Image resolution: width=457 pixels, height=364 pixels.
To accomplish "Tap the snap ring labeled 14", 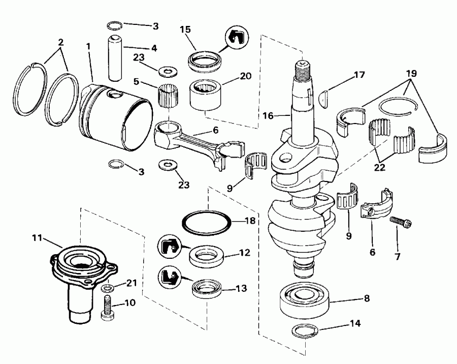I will (307, 331).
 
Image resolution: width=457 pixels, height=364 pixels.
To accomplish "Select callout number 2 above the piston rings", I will (61, 42).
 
